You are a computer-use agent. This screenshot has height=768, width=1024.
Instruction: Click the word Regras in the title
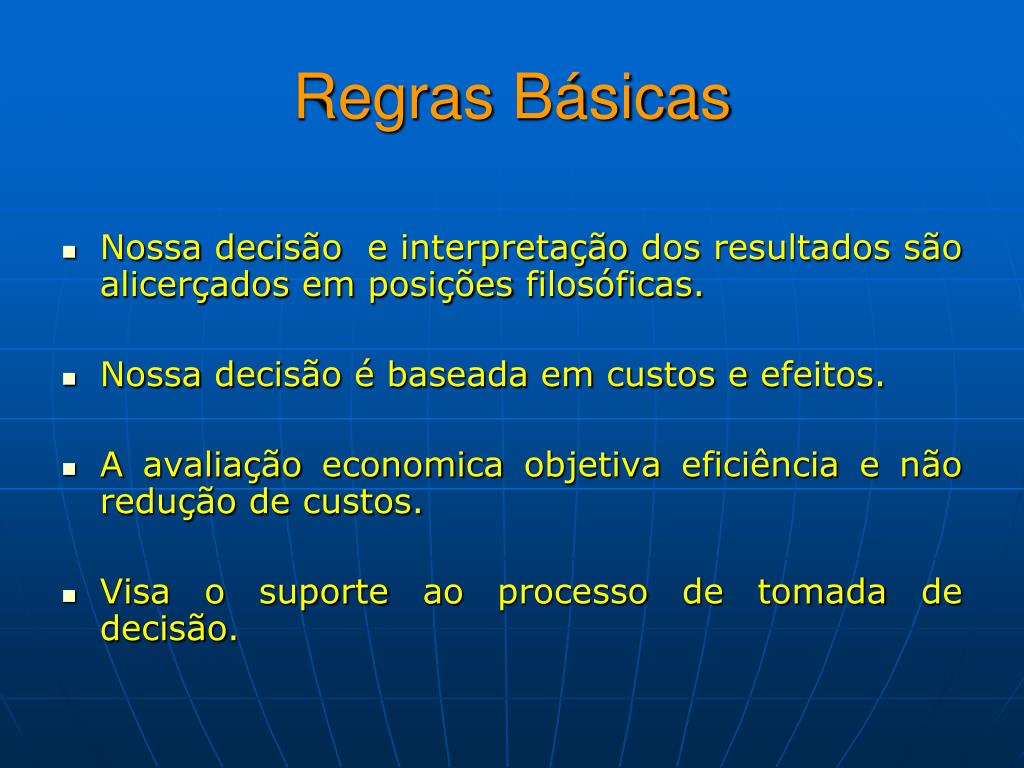click(x=394, y=99)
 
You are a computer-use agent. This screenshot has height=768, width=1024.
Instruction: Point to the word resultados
click(x=802, y=248)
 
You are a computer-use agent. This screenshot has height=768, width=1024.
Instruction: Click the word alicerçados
click(x=195, y=286)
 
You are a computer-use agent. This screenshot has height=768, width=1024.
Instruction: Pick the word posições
click(x=441, y=286)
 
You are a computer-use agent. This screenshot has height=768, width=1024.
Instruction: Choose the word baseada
click(x=457, y=375)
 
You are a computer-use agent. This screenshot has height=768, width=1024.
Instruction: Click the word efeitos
click(x=822, y=375)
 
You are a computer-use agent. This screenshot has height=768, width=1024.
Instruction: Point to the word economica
click(x=413, y=466)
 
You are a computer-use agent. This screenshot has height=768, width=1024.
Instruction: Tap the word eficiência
click(x=760, y=464)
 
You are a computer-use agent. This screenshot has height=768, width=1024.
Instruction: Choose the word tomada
click(x=822, y=592)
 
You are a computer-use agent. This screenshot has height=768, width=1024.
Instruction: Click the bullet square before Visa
click(x=69, y=596)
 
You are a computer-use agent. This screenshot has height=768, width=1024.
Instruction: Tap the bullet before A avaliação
click(x=69, y=468)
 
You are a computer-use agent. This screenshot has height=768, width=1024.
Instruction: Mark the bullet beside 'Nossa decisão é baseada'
click(x=69, y=378)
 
